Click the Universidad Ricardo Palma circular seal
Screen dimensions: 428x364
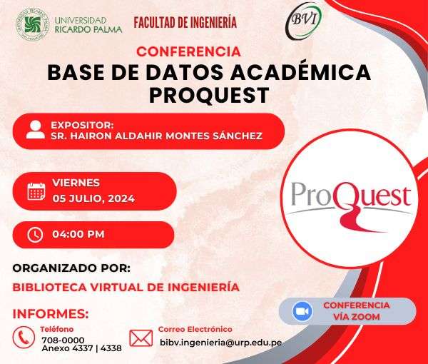pos(32,24)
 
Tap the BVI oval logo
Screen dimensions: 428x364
pos(304,21)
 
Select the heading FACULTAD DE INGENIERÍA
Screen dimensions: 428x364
pos(185,22)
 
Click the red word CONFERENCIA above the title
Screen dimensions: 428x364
pos(188,51)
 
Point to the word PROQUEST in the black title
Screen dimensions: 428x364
pos(209,95)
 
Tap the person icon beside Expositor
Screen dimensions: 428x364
pos(36,129)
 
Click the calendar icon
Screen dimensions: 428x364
pos(36,191)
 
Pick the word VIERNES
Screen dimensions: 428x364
pos(76,183)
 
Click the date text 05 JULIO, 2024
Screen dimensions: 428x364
pos(93,198)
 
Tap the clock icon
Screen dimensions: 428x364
pos(35,235)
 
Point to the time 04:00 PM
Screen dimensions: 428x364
pos(78,234)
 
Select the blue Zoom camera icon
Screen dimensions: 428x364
pos(302,311)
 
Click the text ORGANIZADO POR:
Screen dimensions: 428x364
pos(71,268)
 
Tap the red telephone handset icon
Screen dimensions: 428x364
pos(24,338)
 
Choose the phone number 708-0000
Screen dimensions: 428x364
pos(63,340)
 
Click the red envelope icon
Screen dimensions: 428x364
pos(141,338)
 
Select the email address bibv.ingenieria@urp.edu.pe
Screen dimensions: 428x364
pos(221,343)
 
